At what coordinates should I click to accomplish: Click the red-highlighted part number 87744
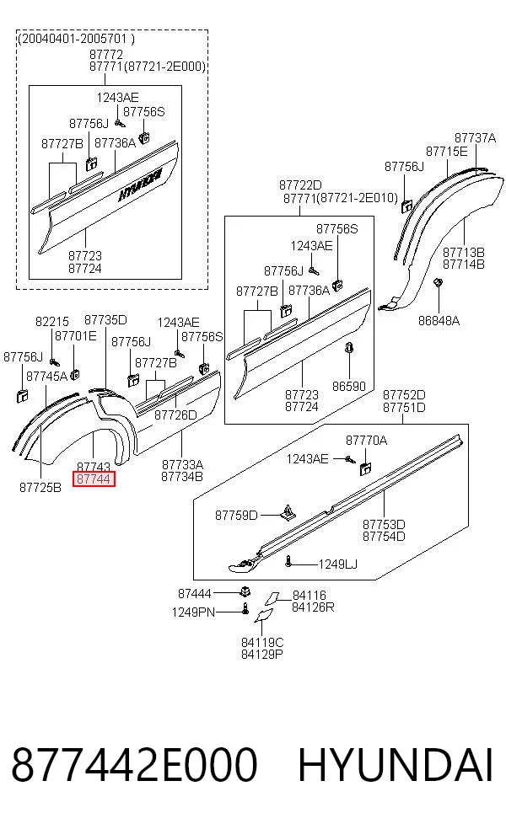pos(94,479)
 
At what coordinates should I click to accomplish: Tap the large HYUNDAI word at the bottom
pos(396,765)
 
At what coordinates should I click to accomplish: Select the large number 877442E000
pos(134,765)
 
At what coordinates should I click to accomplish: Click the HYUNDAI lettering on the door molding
pos(139,185)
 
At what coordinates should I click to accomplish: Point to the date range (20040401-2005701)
pos(76,39)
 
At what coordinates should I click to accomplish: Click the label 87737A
pos(476,138)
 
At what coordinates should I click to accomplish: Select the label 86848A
pos(439,320)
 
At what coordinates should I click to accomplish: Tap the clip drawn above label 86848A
pos(438,283)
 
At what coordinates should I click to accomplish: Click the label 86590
pos(349,386)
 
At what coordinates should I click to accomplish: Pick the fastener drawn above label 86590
pos(349,349)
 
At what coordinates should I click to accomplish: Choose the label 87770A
pos(366,440)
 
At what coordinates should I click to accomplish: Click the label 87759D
pos(236,515)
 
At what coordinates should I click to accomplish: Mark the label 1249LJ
pos(337,564)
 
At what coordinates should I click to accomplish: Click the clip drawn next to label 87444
pos(245,591)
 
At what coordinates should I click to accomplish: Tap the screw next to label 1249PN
pos(245,608)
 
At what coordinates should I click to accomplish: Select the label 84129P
pos(262,654)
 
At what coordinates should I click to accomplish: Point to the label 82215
pos(52,322)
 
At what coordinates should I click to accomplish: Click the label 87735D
pos(106,320)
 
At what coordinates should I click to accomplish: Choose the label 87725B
pos(40,488)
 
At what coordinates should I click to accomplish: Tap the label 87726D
pos(175,415)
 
